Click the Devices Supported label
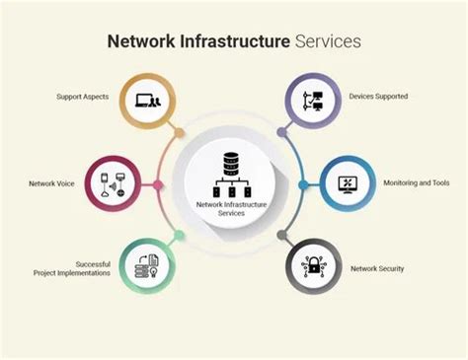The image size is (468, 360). [x=378, y=97]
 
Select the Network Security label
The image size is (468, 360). [x=376, y=268]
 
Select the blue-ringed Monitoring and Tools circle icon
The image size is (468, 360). [x=348, y=183]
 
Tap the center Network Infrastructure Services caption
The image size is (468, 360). [x=233, y=209]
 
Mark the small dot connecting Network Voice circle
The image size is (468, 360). [x=158, y=184]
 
